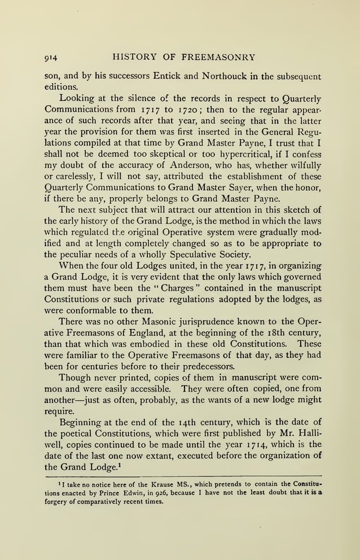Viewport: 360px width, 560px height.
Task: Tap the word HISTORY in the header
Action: [135, 56]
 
